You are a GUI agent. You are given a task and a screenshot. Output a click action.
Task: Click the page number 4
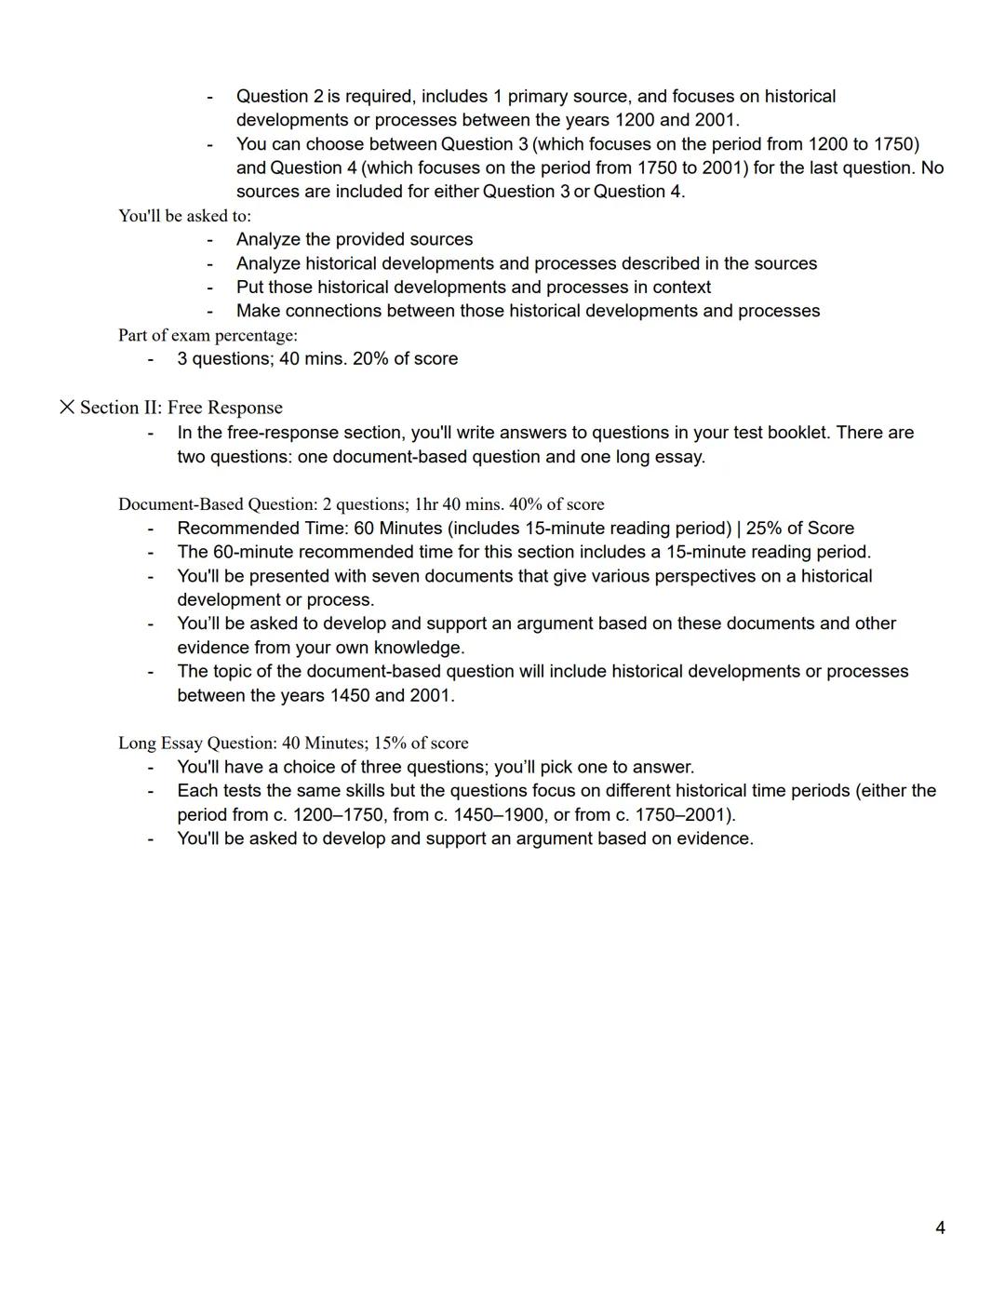pos(940,1227)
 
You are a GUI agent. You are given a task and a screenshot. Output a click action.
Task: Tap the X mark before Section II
pos(67,407)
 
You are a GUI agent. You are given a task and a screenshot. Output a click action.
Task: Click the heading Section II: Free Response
pos(181,408)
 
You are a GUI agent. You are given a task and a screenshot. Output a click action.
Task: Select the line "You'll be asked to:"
pos(184,216)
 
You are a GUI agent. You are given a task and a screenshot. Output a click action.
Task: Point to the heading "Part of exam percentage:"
pos(208,335)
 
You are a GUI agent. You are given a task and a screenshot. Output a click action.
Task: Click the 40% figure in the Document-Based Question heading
pos(526,504)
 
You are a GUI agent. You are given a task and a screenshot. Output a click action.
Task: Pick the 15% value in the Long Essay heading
pos(391,743)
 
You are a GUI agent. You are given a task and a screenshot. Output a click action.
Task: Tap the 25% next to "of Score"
pos(764,529)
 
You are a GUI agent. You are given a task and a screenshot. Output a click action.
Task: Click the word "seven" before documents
pos(395,576)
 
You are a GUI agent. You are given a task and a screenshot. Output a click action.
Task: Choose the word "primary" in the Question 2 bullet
pos(540,97)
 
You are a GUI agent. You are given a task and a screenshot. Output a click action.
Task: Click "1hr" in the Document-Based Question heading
pos(425,504)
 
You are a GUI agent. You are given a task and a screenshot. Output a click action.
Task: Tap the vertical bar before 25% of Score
pos(738,529)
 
